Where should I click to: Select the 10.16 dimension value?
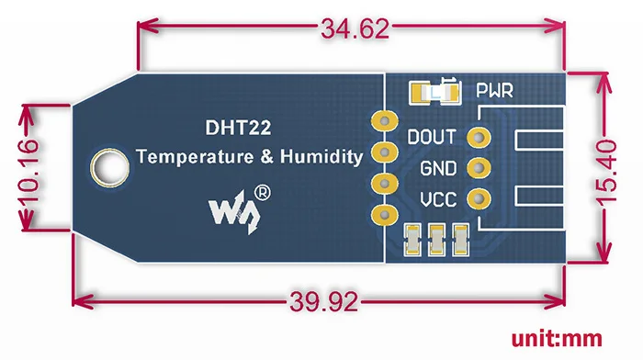point(30,167)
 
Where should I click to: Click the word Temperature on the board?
point(193,157)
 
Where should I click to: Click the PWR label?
point(493,92)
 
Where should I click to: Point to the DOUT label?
point(431,138)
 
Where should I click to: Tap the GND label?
point(436,169)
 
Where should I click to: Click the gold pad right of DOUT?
point(477,138)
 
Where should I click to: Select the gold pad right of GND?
point(477,168)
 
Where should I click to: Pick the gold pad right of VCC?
point(477,198)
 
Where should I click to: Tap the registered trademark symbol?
point(262,193)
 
